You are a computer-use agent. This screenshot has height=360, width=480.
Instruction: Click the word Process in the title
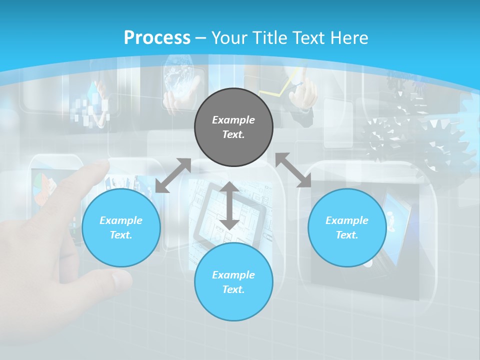(157, 37)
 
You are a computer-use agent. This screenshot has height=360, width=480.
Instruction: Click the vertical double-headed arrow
(229, 205)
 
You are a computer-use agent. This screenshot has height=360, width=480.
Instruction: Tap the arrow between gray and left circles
(173, 175)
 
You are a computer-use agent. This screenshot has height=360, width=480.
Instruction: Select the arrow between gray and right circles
(293, 170)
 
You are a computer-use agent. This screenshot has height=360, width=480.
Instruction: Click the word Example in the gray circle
(233, 120)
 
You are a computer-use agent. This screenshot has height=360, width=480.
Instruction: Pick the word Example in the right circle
(347, 220)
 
